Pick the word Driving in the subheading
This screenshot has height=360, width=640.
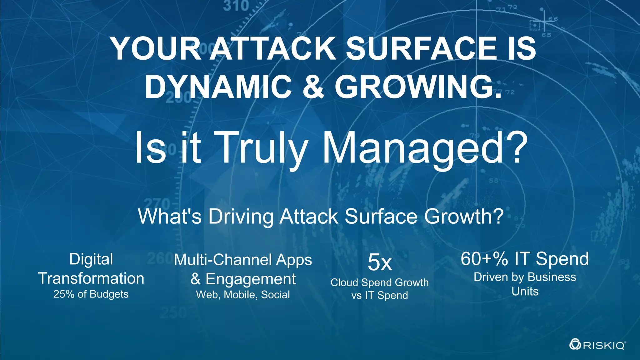click(x=241, y=216)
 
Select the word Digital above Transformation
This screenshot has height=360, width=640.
click(x=91, y=259)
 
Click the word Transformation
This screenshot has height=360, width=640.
click(x=91, y=278)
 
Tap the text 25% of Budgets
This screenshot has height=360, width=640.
click(x=91, y=294)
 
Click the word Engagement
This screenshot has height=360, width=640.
click(x=251, y=279)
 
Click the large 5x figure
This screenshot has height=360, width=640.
click(x=380, y=262)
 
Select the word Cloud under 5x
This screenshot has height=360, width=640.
click(x=344, y=282)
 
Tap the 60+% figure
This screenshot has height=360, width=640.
click(x=484, y=259)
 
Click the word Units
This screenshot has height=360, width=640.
click(x=525, y=291)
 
